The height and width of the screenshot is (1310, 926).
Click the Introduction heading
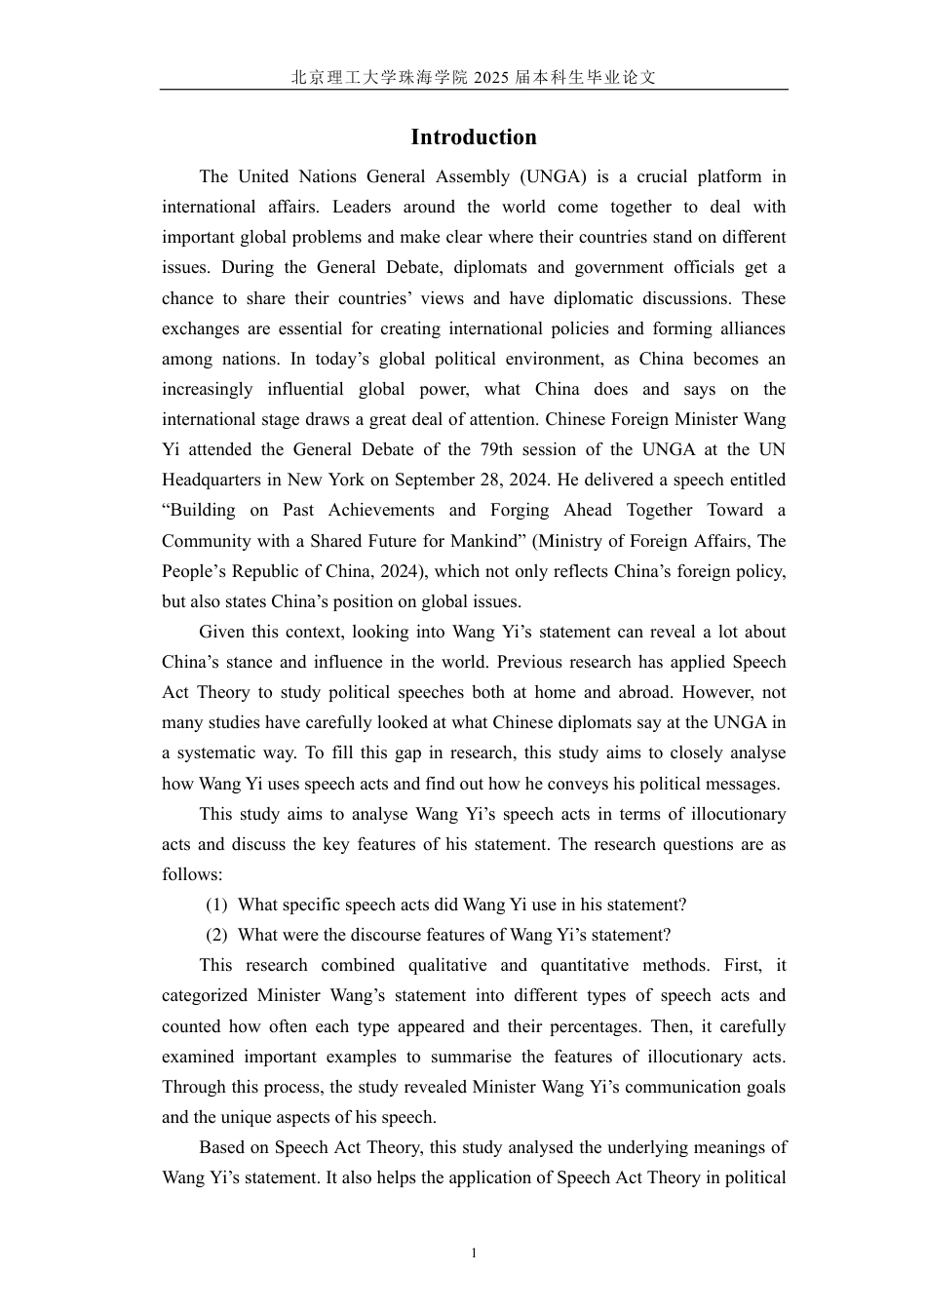click(x=473, y=137)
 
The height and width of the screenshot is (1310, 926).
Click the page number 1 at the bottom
click(x=474, y=1253)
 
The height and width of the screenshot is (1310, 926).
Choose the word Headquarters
click(x=209, y=480)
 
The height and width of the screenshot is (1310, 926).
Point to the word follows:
click(x=192, y=874)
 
